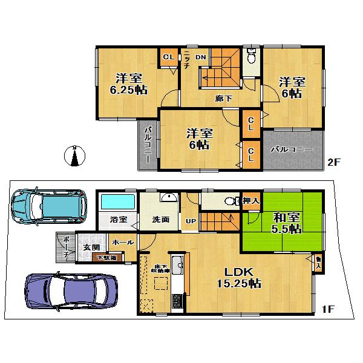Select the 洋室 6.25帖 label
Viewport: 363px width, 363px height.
click(128, 83)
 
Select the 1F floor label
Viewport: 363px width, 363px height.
click(327, 310)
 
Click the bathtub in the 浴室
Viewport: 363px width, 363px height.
click(117, 201)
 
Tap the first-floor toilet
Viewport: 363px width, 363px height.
click(229, 202)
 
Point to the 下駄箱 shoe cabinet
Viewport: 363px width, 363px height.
click(109, 258)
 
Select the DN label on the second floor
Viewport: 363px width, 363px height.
click(201, 57)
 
